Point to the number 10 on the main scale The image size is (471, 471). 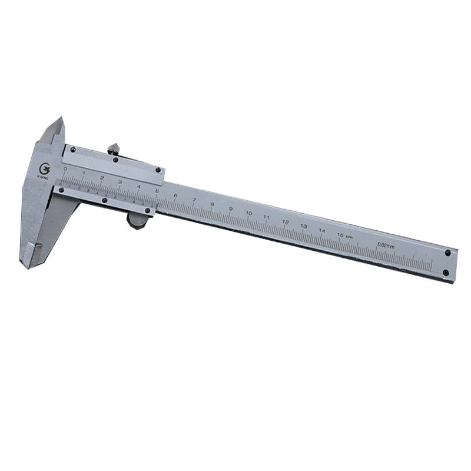(249, 213)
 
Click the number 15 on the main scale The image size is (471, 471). (340, 235)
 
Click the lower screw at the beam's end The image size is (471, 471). (446, 273)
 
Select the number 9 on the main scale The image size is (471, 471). (230, 208)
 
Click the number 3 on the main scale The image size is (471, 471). (120, 182)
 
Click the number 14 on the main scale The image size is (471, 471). (321, 230)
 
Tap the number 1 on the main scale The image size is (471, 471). (84, 173)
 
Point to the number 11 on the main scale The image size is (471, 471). (267, 217)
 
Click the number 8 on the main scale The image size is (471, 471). (212, 204)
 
